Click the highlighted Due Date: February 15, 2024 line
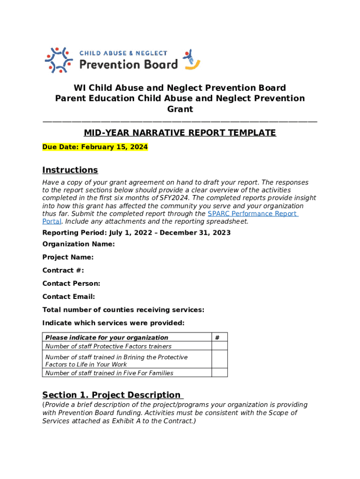(x=95, y=147)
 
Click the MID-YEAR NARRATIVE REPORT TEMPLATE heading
(x=180, y=133)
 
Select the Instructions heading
(x=70, y=170)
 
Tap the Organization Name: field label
(x=79, y=244)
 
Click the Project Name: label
(x=68, y=257)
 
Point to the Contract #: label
(x=63, y=270)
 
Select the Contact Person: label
(x=71, y=283)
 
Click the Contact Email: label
(x=69, y=297)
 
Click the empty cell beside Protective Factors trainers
(x=219, y=346)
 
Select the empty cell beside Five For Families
(x=219, y=373)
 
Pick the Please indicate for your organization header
(x=107, y=337)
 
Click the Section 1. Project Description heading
(x=111, y=395)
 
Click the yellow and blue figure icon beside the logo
(x=192, y=60)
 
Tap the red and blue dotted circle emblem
(x=58, y=60)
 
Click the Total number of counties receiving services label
(x=123, y=310)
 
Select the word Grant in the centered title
(x=180, y=109)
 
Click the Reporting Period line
(x=136, y=232)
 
